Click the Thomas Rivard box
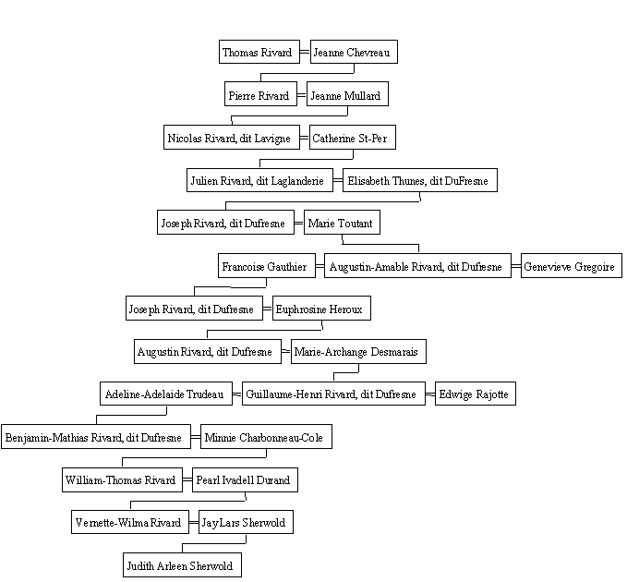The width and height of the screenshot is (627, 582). (259, 52)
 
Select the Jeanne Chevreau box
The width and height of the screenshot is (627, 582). (354, 52)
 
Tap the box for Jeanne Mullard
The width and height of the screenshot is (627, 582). (347, 94)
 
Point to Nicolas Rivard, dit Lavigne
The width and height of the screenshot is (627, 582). (232, 138)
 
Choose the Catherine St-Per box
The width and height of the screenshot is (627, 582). (353, 138)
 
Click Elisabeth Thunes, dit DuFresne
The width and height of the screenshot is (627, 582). (420, 180)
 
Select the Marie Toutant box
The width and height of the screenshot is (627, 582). (342, 223)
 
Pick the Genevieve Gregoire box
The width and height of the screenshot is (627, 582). (572, 266)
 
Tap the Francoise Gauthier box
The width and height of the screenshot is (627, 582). (267, 266)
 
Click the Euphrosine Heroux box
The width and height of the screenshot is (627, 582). (321, 309)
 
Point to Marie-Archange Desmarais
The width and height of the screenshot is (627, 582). (358, 352)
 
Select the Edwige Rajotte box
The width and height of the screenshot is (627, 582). (476, 394)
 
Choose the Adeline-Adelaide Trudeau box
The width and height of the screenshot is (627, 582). (166, 394)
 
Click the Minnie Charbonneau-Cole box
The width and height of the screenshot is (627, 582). (266, 437)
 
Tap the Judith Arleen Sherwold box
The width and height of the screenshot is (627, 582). (182, 565)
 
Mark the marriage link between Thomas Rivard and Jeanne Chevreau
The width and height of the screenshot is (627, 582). (305, 52)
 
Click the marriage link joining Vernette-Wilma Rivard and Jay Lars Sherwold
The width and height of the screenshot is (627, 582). (194, 522)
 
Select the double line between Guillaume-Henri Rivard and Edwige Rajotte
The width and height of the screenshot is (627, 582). (430, 394)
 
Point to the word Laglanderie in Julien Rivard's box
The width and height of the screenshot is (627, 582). (297, 181)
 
